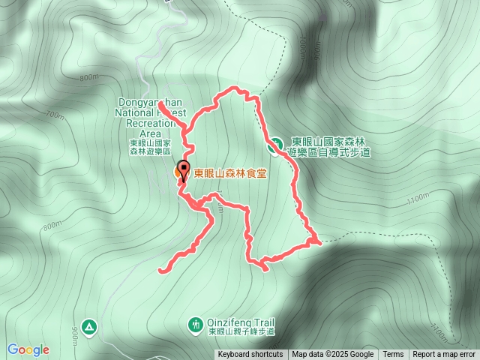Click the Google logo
[28, 349]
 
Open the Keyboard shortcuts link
[250, 355]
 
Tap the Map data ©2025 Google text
[333, 355]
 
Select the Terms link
[393, 355]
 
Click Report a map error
[444, 355]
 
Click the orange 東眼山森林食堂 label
[230, 173]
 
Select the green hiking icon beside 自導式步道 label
[276, 142]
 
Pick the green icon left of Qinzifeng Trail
[195, 324]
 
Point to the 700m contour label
[55, 115]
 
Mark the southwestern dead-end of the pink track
[160, 268]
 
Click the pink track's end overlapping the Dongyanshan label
[160, 97]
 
